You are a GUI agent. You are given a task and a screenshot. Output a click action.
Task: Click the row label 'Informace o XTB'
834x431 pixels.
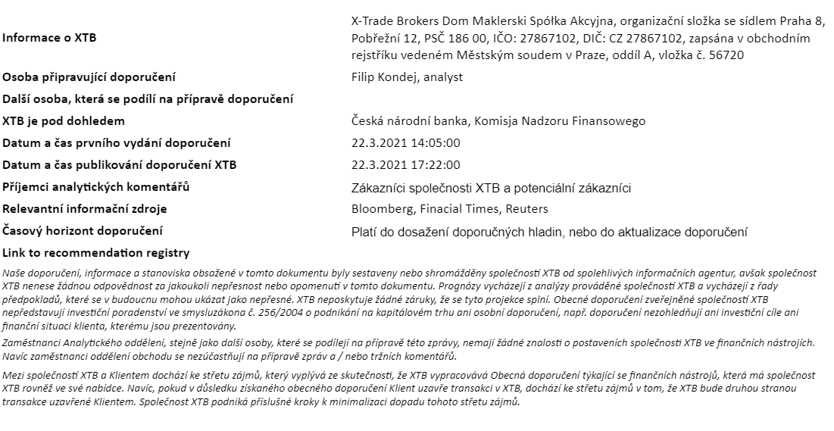tap(50, 38)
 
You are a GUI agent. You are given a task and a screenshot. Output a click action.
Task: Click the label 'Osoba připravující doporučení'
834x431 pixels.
tap(89, 77)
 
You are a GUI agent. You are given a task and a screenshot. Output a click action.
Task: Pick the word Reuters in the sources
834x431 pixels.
tap(527, 209)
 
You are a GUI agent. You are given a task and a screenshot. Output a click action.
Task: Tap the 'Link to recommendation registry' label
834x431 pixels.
tap(96, 253)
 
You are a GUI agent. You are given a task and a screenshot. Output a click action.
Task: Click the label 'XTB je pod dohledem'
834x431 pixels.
tap(64, 121)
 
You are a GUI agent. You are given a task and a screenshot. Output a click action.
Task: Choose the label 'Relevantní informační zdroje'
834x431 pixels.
tap(85, 209)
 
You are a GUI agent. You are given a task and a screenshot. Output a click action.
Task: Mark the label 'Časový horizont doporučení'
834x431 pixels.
tap(83, 231)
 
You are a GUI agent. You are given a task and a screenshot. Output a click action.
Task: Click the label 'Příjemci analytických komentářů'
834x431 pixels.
tap(96, 187)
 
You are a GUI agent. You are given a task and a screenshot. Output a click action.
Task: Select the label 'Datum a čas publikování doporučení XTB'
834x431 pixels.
tap(120, 165)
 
